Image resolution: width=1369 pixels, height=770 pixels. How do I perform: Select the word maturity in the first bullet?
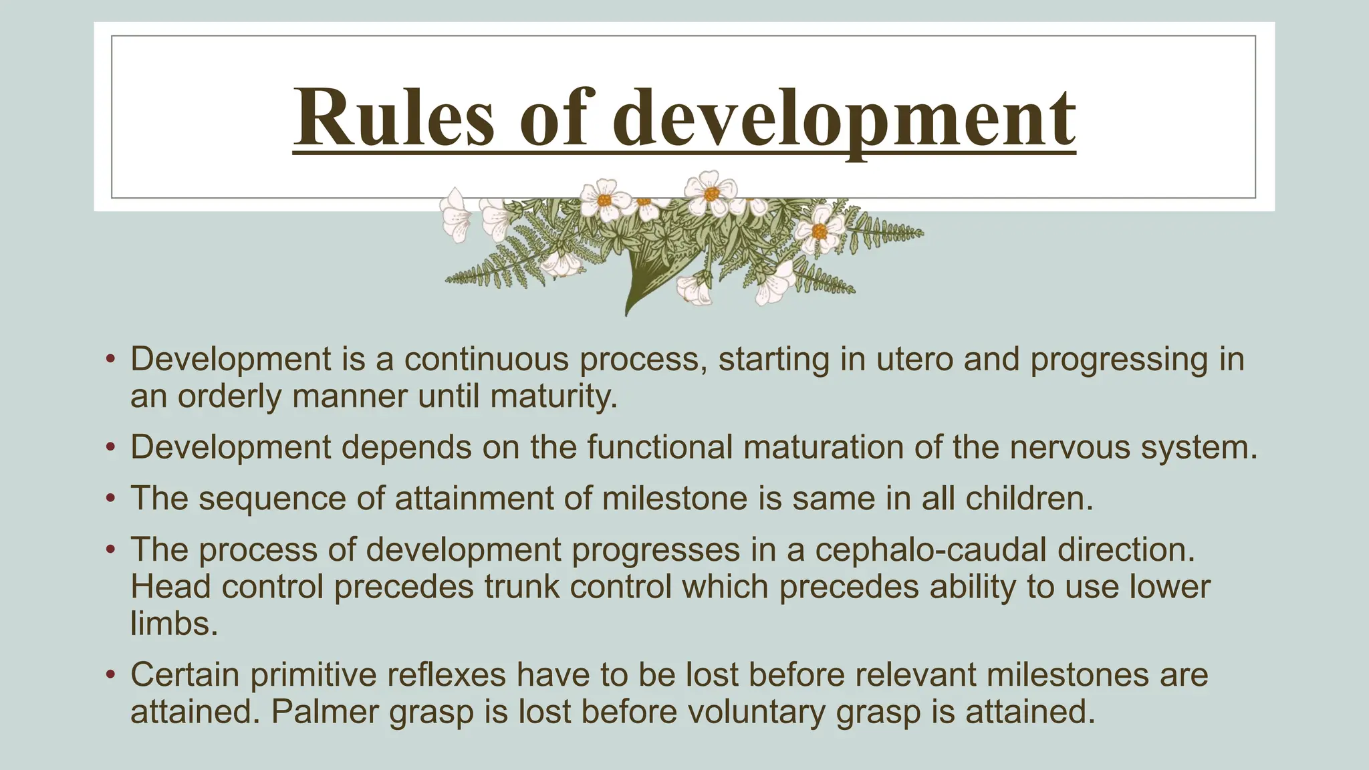coord(553,396)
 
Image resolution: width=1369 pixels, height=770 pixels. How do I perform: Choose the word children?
coord(1029,499)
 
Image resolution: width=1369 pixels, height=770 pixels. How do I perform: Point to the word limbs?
coord(174,624)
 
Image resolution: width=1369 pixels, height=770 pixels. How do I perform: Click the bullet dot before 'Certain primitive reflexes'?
coord(111,674)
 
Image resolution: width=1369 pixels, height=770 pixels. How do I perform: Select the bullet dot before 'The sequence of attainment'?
coord(111,499)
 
